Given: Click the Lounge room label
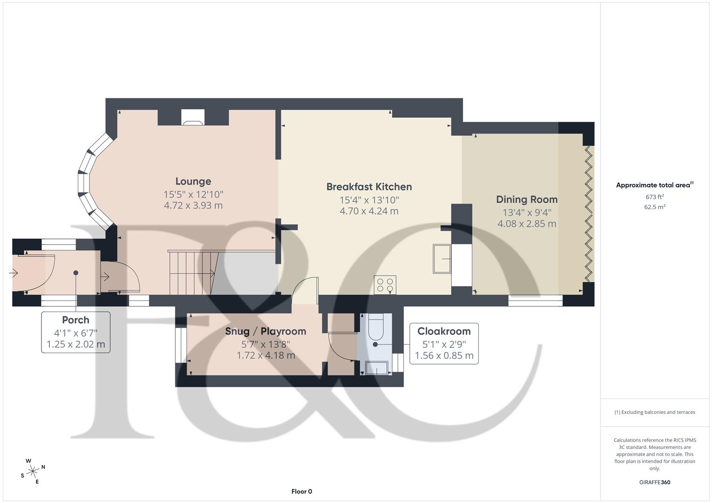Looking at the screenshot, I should tap(193, 182).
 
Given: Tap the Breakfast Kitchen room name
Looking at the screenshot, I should tap(369, 187).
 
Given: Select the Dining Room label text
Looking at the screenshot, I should tap(526, 199).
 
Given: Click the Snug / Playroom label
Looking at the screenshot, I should tap(265, 331).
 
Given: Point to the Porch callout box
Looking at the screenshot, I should tap(76, 332).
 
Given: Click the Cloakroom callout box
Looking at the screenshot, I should tap(443, 343).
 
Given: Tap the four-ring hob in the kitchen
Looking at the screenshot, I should tap(385, 285).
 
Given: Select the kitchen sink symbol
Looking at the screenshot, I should tap(442, 258).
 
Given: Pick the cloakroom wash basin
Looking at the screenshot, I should tap(377, 367).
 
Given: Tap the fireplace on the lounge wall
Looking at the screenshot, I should tap(193, 118).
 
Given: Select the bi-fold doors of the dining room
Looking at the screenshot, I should tap(588, 214).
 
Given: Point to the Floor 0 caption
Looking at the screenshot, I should tap(302, 491).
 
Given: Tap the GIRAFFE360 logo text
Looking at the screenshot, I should tap(654, 482).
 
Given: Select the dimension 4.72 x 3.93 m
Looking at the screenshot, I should tap(193, 205).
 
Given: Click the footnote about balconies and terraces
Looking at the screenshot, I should tap(654, 412).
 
